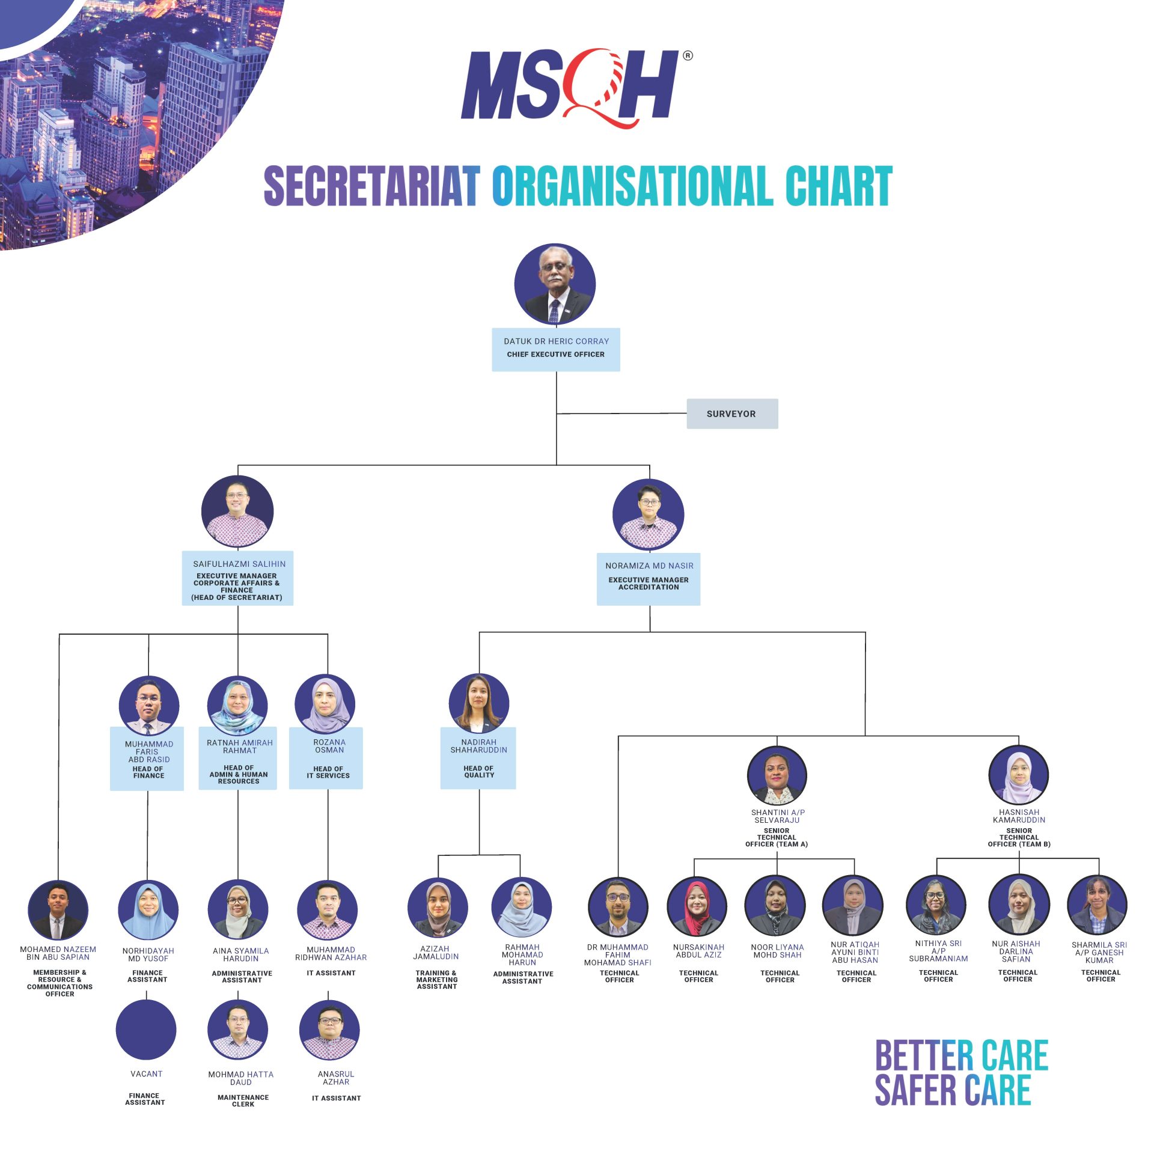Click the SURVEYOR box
click(732, 414)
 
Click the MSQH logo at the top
click(575, 87)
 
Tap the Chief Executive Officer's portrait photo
click(555, 284)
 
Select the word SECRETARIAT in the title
click(372, 186)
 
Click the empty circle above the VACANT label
click(146, 1030)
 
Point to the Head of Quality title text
click(479, 772)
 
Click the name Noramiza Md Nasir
click(649, 566)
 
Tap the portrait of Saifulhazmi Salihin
click(237, 511)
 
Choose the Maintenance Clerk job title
click(243, 1101)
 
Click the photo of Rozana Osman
click(325, 704)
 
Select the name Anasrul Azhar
click(336, 1078)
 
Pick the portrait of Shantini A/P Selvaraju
click(777, 775)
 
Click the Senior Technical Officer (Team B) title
click(1019, 837)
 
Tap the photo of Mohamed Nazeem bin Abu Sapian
click(58, 911)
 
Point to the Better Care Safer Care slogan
click(961, 1072)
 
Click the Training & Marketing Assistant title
click(437, 980)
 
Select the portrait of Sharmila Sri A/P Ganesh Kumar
click(1098, 905)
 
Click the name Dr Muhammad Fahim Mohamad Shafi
click(618, 955)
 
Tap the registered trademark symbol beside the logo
click(688, 55)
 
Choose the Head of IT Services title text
click(328, 772)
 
